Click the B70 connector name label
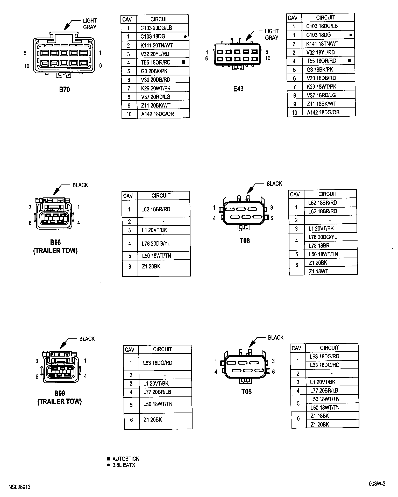point(65,90)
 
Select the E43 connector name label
point(238,89)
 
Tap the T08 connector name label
point(245,241)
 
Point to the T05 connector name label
point(246,392)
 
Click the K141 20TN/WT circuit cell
point(157,45)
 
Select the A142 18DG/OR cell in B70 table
point(157,114)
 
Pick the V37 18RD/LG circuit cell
point(321,95)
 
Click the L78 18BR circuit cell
point(319,245)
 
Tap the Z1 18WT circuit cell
point(318,271)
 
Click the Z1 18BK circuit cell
point(319,416)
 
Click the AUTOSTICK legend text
point(126,459)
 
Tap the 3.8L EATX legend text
point(124,465)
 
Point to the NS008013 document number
point(19,487)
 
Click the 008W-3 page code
point(377,484)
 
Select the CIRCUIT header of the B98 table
point(161,196)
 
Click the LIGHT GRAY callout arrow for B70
point(69,25)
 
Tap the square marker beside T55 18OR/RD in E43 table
point(349,61)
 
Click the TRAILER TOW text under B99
point(60,402)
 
